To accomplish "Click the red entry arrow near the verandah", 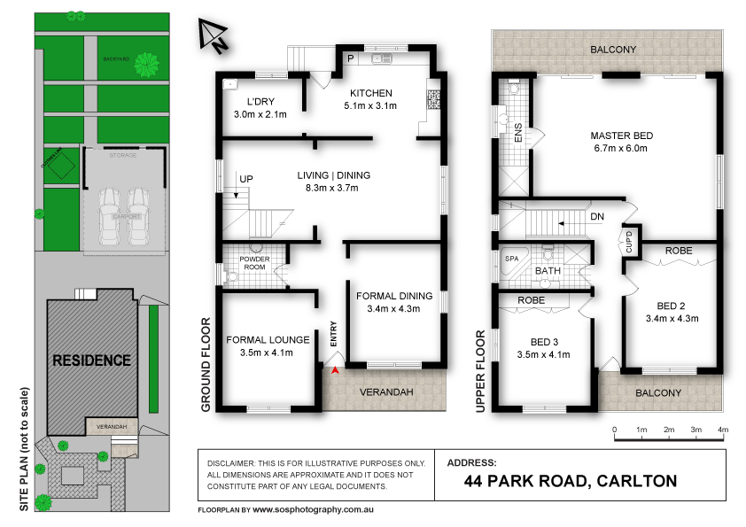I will coord(334,370).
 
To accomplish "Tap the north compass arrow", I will coord(212,35).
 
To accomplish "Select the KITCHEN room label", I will coord(370,94).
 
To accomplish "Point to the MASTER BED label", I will coord(621,136).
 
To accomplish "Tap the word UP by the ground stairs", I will coord(247,179).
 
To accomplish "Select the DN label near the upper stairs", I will coord(597,215).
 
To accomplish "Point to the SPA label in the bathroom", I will coord(511,259).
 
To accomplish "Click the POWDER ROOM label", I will coord(255,263).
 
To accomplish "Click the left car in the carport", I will coord(110,217).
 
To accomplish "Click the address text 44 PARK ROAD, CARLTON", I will coord(571,481).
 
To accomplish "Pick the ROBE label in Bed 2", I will coord(679,251).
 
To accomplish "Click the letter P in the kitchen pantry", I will coord(350,58).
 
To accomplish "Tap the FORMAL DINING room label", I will coord(394,296).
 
